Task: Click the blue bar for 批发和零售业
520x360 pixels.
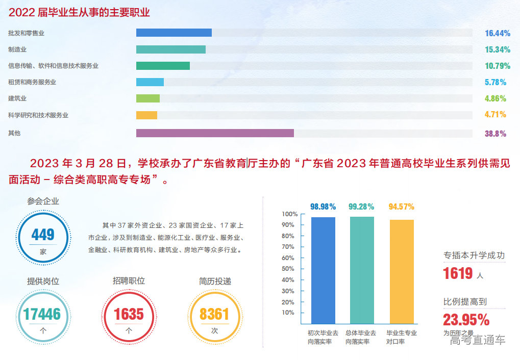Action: pos(174,33)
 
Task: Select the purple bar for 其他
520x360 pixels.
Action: pos(215,133)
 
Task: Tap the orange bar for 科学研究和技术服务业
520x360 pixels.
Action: pos(146,115)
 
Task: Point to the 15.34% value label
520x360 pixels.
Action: pos(498,49)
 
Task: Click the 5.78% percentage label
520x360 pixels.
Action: pos(496,82)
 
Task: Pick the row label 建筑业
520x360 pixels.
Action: pos(17,98)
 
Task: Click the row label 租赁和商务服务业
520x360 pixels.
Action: pos(32,82)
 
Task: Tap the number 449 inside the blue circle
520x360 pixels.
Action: pos(43,235)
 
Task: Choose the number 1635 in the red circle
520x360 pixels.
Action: pos(129,314)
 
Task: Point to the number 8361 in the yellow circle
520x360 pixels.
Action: pos(214,314)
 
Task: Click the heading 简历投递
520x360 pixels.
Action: pos(215,281)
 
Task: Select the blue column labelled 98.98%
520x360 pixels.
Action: pos(323,270)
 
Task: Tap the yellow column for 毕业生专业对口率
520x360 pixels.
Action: pos(402,271)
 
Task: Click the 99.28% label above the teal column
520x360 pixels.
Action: pos(361,207)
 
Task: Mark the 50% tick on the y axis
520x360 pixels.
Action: pos(288,269)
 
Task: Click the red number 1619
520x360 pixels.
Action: pos(458,273)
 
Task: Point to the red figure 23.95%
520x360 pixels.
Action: pos(466,319)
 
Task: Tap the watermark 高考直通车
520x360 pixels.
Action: pos(478,340)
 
